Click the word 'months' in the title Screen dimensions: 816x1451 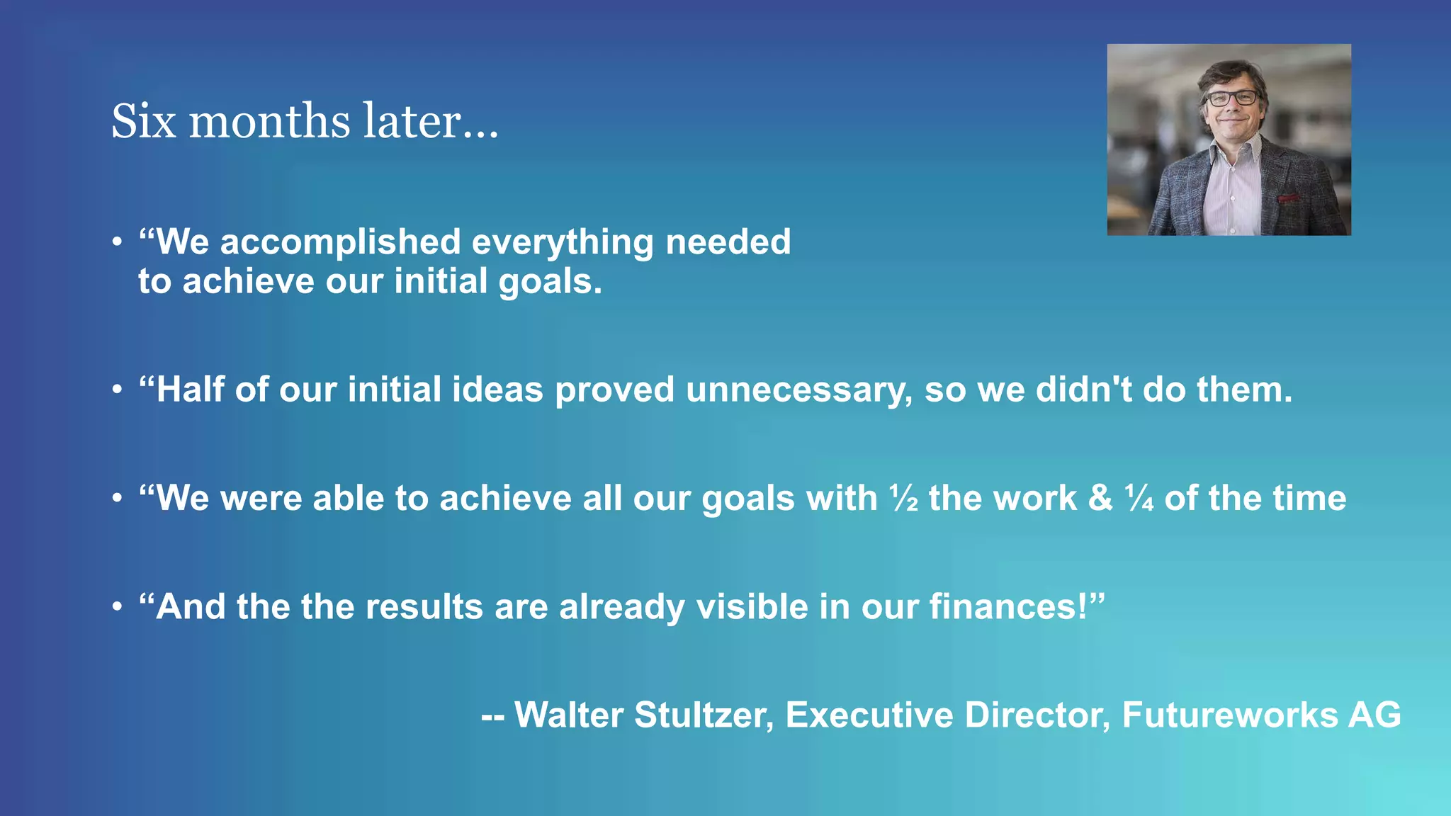(269, 121)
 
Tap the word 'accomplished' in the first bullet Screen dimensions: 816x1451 (340, 243)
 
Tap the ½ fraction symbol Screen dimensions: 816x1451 (904, 499)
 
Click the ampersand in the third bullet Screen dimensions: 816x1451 (1100, 499)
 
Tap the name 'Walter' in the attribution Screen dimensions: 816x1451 (569, 715)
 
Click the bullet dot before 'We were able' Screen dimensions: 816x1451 (118, 499)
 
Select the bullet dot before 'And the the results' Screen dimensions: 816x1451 (118, 607)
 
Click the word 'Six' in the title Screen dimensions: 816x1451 (143, 121)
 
